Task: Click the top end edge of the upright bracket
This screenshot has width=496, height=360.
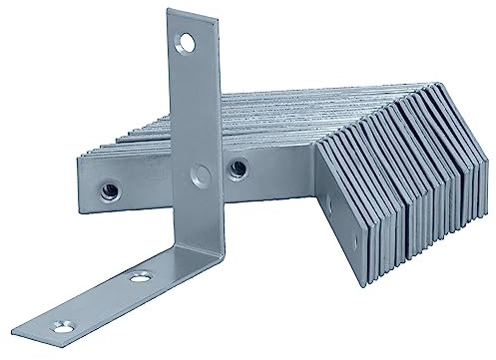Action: tap(185, 12)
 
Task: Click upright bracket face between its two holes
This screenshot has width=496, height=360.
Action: tap(195, 110)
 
